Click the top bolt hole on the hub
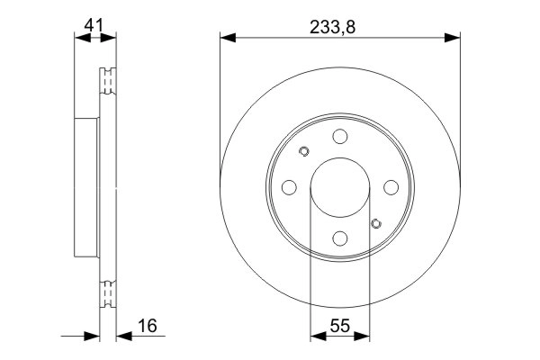[340, 136]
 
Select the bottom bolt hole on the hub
[340, 238]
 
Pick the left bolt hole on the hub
[289, 187]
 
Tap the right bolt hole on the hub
[391, 187]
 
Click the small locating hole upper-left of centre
[304, 151]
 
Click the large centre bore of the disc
[340, 187]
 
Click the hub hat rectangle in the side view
[86, 187]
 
